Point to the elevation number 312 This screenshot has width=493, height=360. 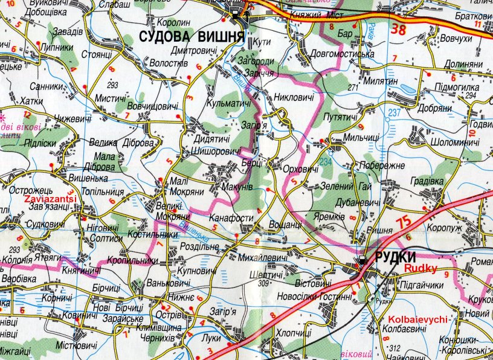pos(395,347)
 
